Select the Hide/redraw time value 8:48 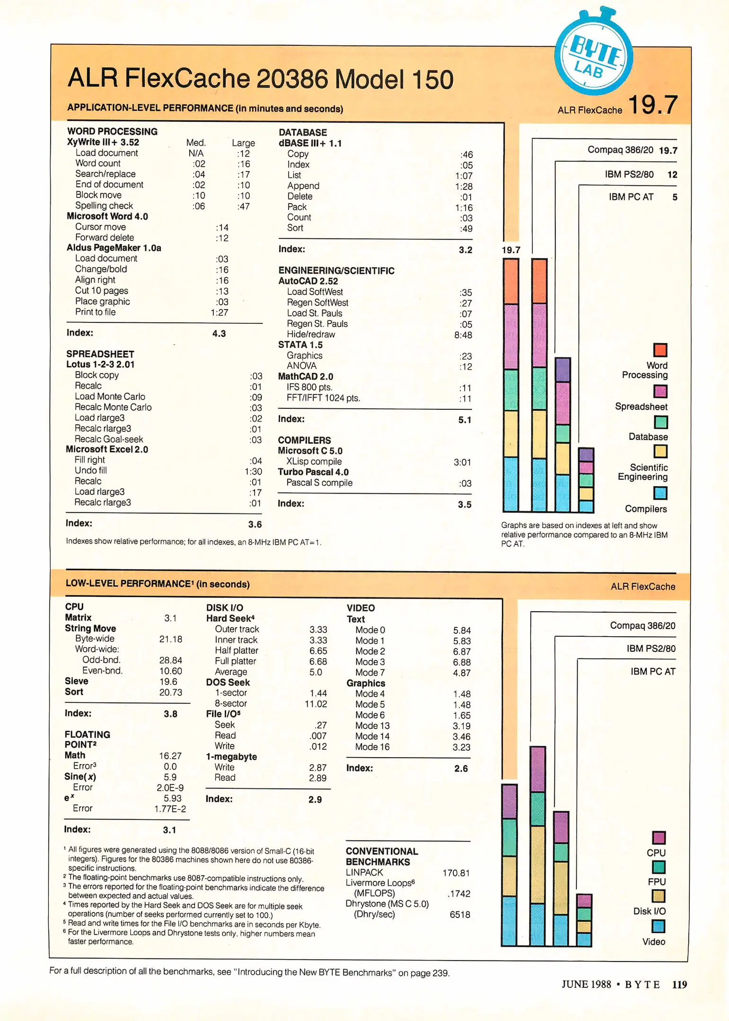click(463, 335)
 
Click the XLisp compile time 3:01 click(462, 462)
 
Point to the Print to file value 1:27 click(219, 312)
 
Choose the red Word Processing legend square click(660, 350)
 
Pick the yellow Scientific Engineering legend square click(660, 451)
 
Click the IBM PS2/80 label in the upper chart click(629, 174)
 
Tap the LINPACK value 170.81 click(456, 873)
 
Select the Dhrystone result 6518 click(459, 914)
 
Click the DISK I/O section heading click(224, 608)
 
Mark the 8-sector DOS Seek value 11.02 click(315, 704)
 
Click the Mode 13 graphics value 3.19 click(461, 726)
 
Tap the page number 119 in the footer click(679, 984)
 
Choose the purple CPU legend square click(659, 838)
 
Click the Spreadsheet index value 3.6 click(255, 524)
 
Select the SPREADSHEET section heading click(100, 354)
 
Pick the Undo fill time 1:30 click(253, 471)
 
